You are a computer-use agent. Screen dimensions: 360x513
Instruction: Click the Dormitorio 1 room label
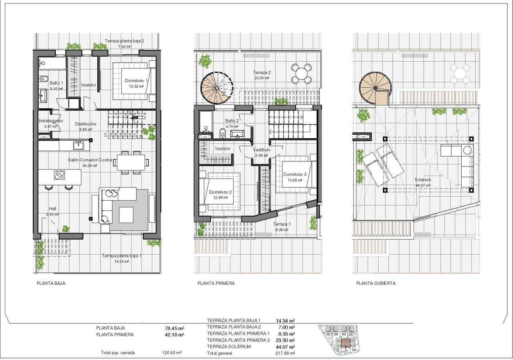tap(136, 80)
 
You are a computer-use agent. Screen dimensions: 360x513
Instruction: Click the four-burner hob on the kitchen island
tap(59, 175)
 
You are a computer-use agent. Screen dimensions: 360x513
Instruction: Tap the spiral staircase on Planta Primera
tap(216, 88)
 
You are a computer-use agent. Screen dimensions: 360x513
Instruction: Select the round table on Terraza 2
tap(301, 74)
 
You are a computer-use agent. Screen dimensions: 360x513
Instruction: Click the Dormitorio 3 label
tap(295, 174)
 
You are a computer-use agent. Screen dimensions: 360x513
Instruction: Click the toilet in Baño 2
tap(222, 132)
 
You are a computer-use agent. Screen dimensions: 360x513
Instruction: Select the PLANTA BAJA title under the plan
tap(51, 283)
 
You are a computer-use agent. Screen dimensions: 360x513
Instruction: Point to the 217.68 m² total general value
tap(285, 353)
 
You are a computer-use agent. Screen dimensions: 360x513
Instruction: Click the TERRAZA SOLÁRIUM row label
tap(229, 346)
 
